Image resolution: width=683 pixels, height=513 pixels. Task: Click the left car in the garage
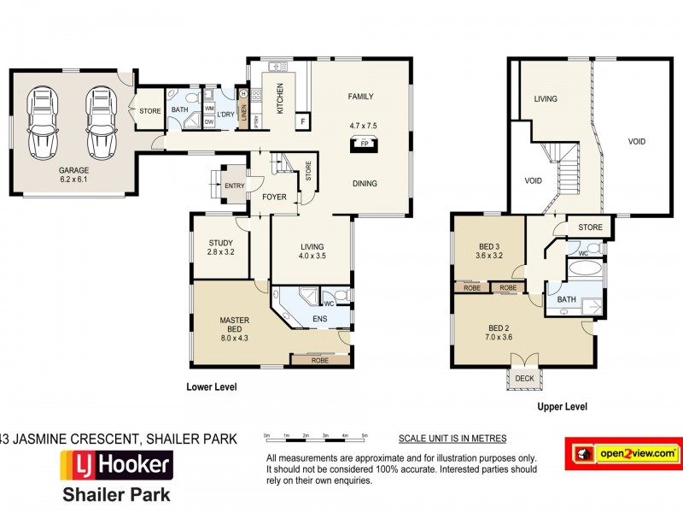point(43,123)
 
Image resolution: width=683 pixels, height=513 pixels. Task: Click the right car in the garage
point(100,123)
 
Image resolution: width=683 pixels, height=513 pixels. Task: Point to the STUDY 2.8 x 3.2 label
point(220,247)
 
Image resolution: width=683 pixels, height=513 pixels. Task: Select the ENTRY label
point(233,186)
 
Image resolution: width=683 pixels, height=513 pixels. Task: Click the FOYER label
point(262,198)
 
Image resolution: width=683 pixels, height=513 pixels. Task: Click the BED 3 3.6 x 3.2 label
point(489,249)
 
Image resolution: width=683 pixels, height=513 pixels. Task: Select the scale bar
point(316,436)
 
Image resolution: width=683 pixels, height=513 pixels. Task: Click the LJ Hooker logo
point(115,466)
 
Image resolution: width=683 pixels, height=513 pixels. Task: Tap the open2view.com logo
point(623,452)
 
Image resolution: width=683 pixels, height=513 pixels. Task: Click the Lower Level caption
point(211,387)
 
